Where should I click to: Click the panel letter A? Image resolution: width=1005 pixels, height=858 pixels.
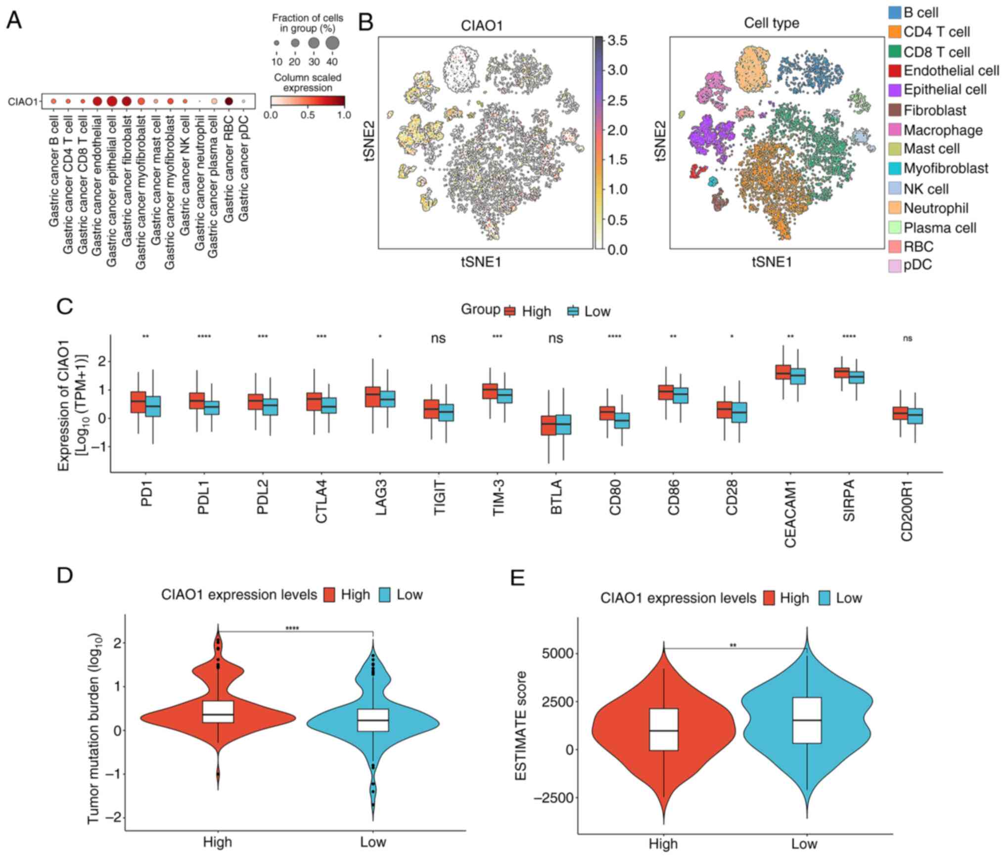14,21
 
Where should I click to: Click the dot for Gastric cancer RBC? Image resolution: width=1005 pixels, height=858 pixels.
228,101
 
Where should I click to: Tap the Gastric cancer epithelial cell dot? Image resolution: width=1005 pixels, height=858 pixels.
112,101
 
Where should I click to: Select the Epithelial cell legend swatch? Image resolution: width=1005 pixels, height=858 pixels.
894,90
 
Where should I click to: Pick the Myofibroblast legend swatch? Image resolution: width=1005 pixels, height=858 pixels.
894,169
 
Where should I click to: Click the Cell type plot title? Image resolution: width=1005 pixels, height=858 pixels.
771,23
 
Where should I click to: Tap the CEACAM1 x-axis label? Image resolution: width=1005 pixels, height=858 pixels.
790,515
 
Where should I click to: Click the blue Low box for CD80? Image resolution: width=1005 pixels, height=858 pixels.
622,420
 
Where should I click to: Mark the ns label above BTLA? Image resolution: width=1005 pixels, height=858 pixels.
556,338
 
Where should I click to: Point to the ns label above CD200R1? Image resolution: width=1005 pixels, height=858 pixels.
907,338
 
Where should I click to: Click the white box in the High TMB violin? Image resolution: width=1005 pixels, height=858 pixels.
218,712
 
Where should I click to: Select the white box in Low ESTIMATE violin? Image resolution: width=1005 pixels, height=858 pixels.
807,720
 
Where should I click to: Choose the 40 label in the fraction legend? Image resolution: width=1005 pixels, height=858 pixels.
332,62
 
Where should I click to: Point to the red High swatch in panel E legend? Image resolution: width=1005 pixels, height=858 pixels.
769,598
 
